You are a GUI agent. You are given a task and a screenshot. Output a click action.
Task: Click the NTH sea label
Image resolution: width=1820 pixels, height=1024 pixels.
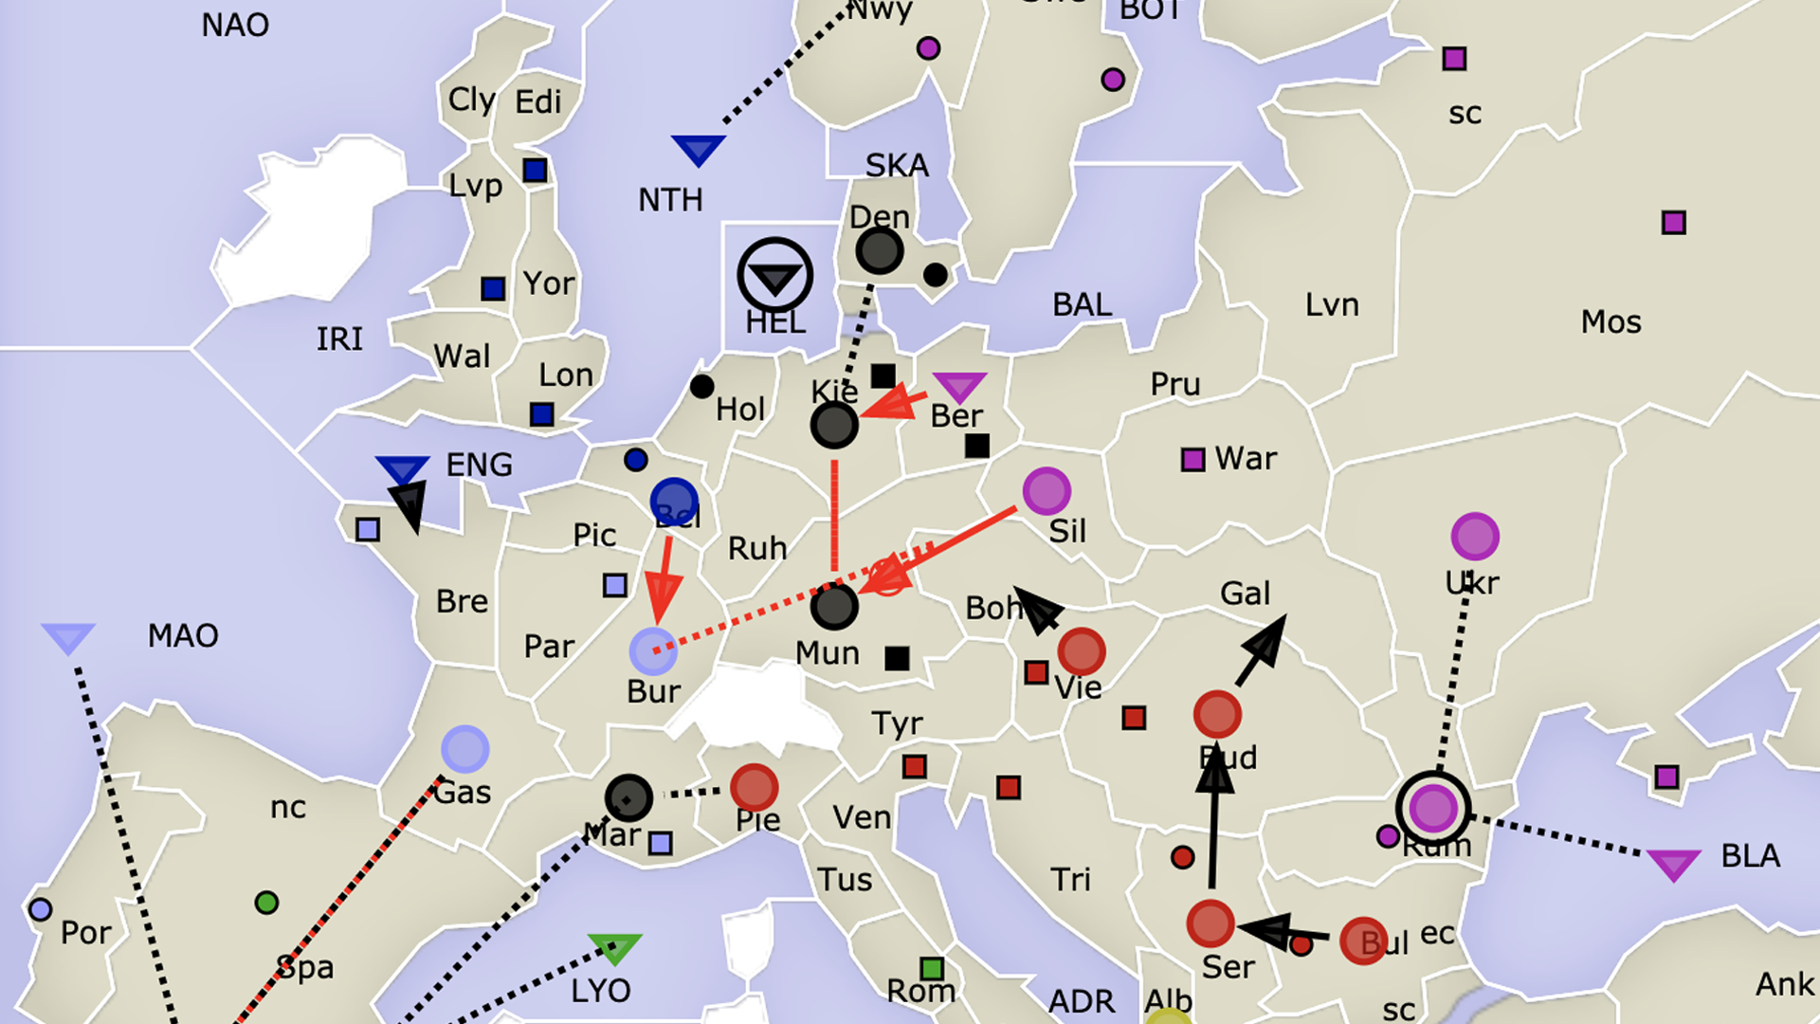[x=670, y=200]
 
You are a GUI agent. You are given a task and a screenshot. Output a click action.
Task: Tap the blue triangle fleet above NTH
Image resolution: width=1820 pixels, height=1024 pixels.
[x=699, y=149]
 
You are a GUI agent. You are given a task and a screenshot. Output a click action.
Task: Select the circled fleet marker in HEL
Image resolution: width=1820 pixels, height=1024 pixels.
[x=775, y=276]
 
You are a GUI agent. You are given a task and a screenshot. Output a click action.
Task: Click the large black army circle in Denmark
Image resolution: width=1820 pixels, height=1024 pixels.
[x=879, y=251]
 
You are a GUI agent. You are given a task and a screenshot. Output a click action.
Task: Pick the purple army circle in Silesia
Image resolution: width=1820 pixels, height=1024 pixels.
[x=1046, y=491]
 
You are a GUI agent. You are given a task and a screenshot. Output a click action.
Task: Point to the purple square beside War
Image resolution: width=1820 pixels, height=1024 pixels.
[x=1192, y=460]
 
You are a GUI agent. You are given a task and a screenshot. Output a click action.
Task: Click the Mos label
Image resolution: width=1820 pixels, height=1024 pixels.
[x=1611, y=322]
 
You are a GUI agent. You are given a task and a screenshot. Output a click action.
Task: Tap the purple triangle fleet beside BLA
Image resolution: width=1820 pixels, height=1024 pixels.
[x=1673, y=864]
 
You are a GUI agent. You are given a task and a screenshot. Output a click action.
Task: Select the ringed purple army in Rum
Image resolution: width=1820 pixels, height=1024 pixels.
[x=1433, y=809]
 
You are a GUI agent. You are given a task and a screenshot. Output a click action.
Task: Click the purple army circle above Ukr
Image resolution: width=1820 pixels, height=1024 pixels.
[x=1475, y=537]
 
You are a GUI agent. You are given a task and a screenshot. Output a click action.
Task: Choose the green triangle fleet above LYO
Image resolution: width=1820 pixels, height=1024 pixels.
[x=614, y=947]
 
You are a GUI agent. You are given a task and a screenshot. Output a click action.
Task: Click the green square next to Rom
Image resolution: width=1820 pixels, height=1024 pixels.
[x=932, y=969]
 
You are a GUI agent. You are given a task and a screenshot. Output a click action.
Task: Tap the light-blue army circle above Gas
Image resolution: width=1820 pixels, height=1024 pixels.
[x=464, y=750]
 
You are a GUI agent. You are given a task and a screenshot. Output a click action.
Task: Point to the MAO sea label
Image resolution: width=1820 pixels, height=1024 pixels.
[x=183, y=635]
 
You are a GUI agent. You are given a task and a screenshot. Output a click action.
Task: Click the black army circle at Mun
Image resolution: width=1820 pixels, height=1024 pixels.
[x=834, y=607]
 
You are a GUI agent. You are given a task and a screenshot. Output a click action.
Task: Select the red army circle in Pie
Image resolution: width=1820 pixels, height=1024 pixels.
[x=755, y=787]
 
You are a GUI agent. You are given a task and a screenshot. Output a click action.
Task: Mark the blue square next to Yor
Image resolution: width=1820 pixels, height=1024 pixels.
[x=493, y=288]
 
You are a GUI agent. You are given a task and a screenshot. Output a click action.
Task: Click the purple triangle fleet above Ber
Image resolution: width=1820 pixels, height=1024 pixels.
[x=959, y=386]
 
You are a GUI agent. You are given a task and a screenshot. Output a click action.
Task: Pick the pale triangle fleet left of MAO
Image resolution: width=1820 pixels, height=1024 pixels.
[x=68, y=637]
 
